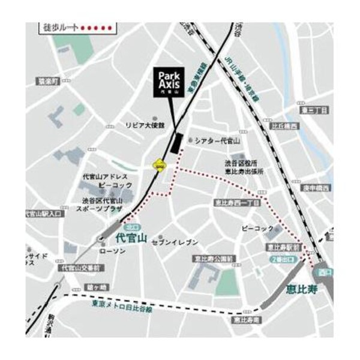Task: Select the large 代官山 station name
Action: [x=130, y=238]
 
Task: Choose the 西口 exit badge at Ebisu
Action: [x=325, y=272]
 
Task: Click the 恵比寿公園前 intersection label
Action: [x=209, y=259]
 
